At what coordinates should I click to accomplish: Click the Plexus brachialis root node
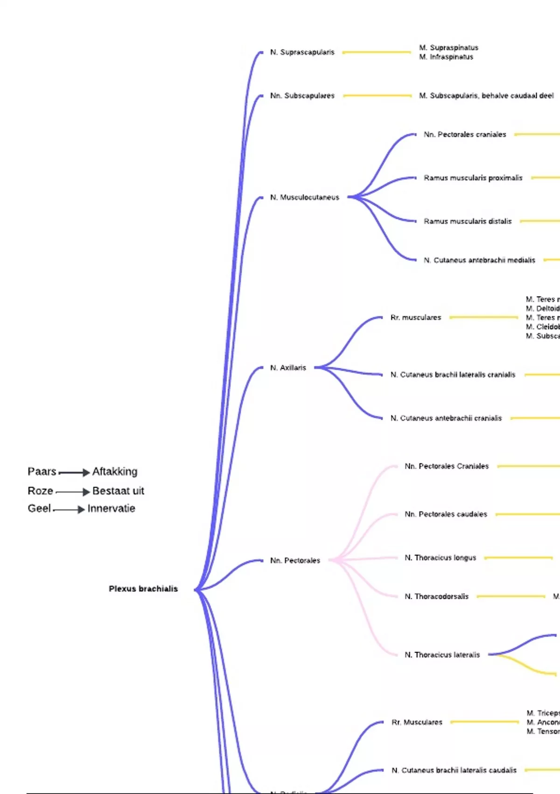[143, 589]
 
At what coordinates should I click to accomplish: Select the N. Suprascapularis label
[302, 52]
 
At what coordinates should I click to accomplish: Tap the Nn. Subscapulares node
[302, 96]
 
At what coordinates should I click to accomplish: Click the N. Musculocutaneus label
[305, 198]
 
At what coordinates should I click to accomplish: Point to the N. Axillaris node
[288, 368]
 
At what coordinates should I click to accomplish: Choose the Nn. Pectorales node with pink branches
[295, 560]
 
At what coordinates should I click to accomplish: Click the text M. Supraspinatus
[448, 48]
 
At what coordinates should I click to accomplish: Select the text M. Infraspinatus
[446, 57]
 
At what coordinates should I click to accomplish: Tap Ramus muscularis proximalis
[473, 178]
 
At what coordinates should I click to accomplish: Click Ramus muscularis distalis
[468, 221]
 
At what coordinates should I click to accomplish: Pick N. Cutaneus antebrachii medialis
[479, 260]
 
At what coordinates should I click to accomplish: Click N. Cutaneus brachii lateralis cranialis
[453, 375]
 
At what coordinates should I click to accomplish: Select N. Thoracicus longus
[440, 558]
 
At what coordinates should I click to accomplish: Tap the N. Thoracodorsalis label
[436, 596]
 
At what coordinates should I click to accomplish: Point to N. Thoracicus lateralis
[442, 655]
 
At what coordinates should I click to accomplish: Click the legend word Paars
[42, 472]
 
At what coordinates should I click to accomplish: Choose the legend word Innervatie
[111, 509]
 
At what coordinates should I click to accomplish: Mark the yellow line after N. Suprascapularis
[377, 52]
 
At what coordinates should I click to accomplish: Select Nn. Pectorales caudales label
[446, 514]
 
